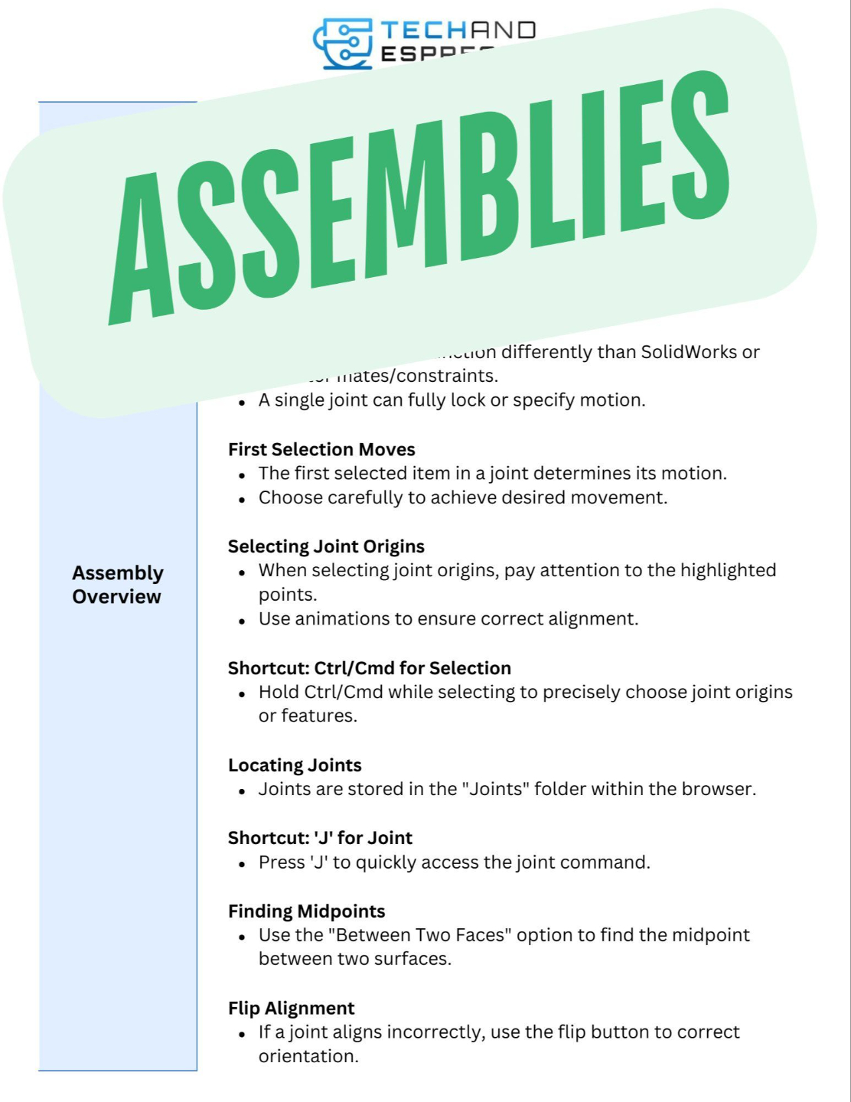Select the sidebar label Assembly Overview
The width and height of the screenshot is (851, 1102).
tap(117, 585)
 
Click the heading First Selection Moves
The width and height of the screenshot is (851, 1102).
tap(321, 449)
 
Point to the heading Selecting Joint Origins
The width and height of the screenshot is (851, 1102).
tap(326, 546)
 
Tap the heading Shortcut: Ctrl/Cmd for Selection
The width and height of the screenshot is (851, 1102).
tap(369, 668)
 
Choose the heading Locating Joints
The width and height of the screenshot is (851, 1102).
tap(295, 765)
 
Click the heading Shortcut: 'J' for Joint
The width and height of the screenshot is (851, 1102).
tap(320, 838)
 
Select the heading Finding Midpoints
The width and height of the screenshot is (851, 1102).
tap(306, 911)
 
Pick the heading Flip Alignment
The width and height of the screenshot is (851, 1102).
tap(291, 1009)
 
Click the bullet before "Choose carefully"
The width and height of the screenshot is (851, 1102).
tap(242, 499)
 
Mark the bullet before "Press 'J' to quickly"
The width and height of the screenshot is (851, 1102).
tap(242, 864)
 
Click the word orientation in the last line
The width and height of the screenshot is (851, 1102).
tap(308, 1057)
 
